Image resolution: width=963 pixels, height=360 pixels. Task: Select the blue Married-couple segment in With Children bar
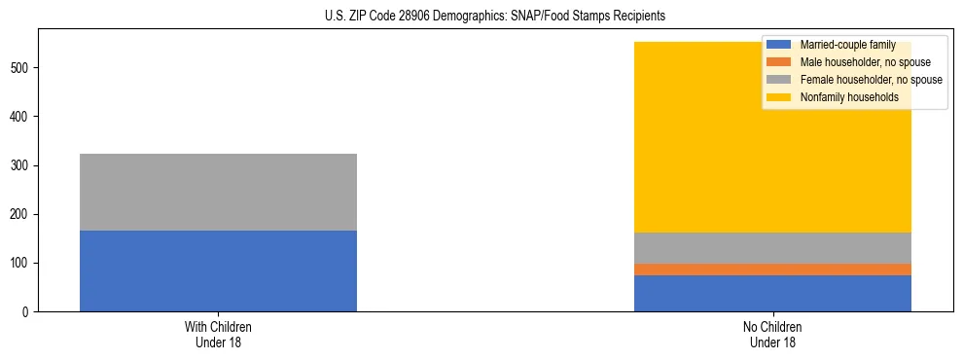click(218, 270)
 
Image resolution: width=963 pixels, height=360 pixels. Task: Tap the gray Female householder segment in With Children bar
click(218, 192)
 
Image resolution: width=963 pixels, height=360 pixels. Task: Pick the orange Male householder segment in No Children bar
click(772, 270)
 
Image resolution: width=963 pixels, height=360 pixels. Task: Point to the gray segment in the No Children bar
click(772, 248)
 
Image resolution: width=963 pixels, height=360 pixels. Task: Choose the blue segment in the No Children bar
click(772, 293)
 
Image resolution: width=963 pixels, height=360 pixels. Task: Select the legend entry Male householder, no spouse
click(858, 62)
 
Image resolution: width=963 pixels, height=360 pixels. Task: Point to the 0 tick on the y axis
click(28, 312)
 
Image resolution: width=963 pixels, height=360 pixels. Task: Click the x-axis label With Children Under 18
click(218, 335)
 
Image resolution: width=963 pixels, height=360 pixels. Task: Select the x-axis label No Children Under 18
click(772, 335)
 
